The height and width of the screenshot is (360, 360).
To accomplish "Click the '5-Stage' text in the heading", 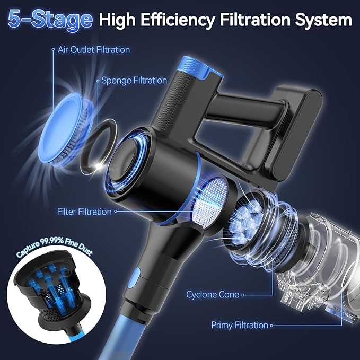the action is pyautogui.click(x=50, y=20).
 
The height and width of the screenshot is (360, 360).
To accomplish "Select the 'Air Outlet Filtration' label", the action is pyautogui.click(x=94, y=50).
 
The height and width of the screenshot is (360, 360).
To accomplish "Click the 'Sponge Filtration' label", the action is pyautogui.click(x=134, y=81).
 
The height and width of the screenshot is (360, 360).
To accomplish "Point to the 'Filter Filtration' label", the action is pyautogui.click(x=84, y=212).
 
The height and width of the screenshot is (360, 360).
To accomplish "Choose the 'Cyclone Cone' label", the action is pyautogui.click(x=213, y=295).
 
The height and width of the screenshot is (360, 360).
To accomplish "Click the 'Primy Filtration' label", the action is pyautogui.click(x=240, y=326).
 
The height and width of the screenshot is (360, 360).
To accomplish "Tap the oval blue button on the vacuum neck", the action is pyautogui.click(x=136, y=278).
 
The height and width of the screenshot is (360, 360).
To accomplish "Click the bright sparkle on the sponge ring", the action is pyautogui.click(x=100, y=166).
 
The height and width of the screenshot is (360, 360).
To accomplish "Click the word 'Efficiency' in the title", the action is pyautogui.click(x=178, y=21).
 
